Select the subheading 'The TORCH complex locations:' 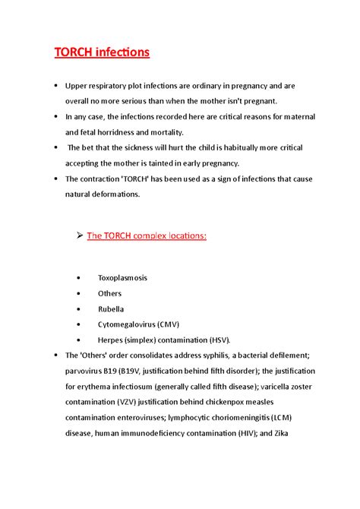(x=147, y=236)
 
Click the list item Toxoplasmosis (x=123, y=278)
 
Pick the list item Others (x=109, y=293)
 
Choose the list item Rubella (x=111, y=308)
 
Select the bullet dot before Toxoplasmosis (x=79, y=278)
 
